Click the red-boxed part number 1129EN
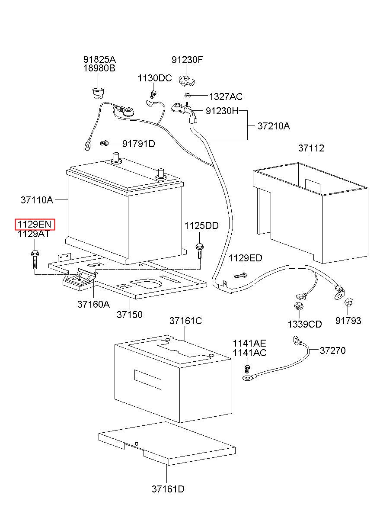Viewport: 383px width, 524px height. pos(35,224)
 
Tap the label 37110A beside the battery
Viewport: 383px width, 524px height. pos(37,200)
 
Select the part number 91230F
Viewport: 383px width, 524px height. pos(187,60)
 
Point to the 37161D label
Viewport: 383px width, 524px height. pos(168,489)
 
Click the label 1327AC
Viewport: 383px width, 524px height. pos(226,96)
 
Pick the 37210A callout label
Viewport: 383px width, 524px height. pos(274,126)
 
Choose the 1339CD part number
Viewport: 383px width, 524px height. pos(304,324)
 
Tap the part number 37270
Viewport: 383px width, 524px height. pos(332,350)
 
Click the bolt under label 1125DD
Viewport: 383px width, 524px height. pos(199,251)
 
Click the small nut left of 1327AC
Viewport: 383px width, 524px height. pos(187,96)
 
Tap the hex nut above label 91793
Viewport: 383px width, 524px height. pos(349,302)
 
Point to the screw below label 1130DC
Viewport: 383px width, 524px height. pos(153,94)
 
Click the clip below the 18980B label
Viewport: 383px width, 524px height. pos(98,93)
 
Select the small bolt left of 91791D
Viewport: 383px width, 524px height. pos(105,143)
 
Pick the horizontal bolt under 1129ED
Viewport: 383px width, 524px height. pos(240,276)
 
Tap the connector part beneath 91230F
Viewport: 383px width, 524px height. pos(187,81)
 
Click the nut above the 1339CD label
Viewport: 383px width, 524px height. pos(299,306)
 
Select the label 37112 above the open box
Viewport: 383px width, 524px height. pos(311,148)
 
